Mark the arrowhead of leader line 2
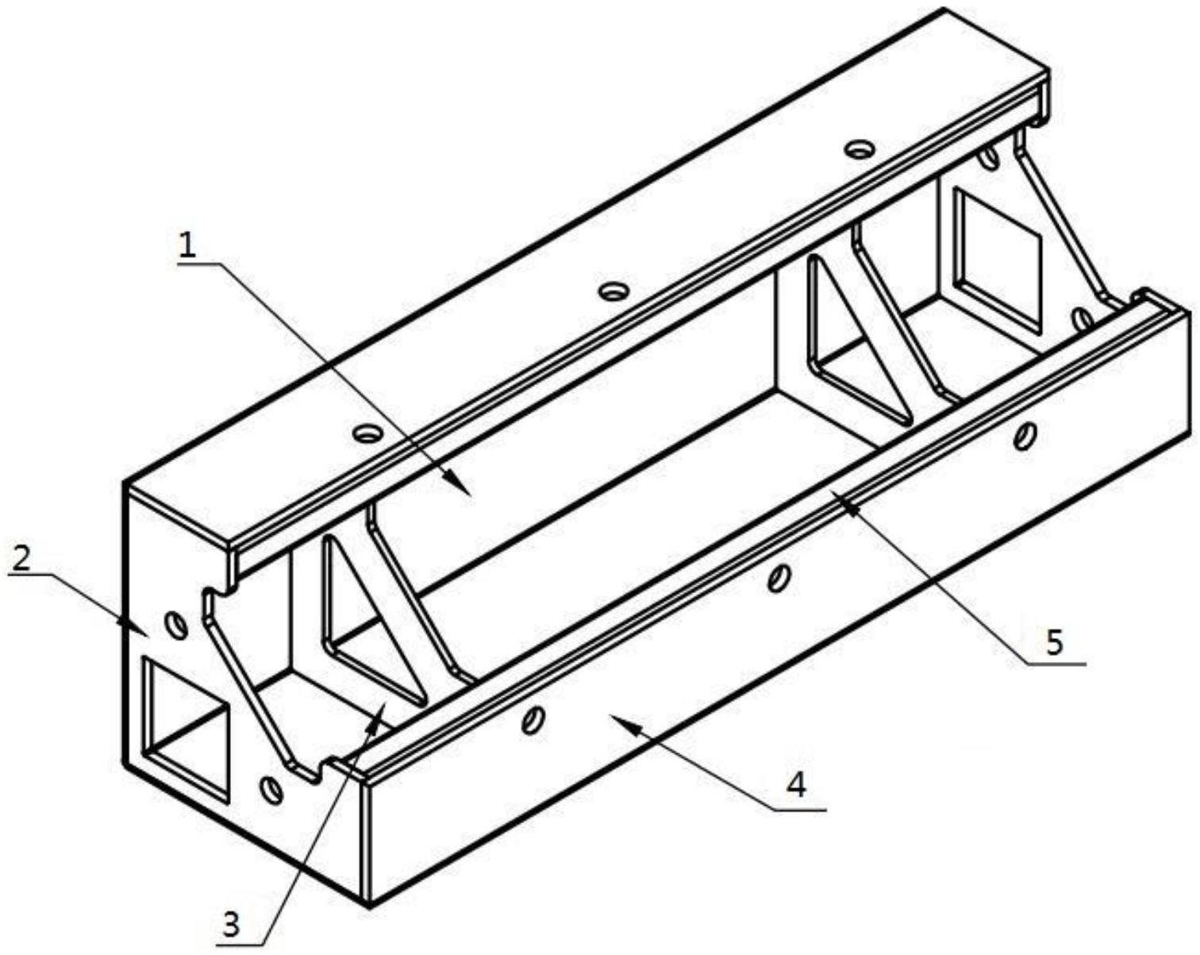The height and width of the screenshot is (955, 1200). click(136, 627)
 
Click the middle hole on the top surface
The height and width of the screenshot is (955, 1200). click(613, 291)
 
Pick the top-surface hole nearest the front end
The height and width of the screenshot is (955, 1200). click(368, 433)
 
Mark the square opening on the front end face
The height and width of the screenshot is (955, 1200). click(187, 731)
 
